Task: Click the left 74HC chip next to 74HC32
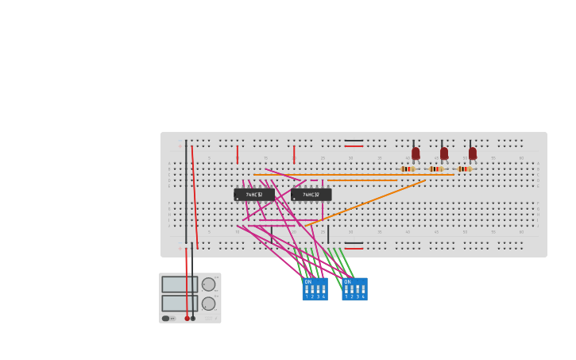pyautogui.click(x=253, y=194)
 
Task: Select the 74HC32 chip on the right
pyautogui.click(x=311, y=194)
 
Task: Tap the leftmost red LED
pyautogui.click(x=416, y=153)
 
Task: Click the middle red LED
pyautogui.click(x=443, y=153)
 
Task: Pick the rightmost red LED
pyautogui.click(x=472, y=153)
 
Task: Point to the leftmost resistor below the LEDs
pyautogui.click(x=408, y=168)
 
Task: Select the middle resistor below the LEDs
pyautogui.click(x=436, y=168)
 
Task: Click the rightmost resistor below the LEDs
pyautogui.click(x=464, y=168)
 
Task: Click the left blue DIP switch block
pyautogui.click(x=315, y=289)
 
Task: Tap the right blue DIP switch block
pyautogui.click(x=354, y=289)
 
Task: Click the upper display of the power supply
pyautogui.click(x=180, y=285)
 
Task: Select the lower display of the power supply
pyautogui.click(x=180, y=303)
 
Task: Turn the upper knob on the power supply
pyautogui.click(x=208, y=285)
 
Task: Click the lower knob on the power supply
pyautogui.click(x=208, y=304)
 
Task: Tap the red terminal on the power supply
pyautogui.click(x=187, y=319)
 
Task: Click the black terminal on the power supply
pyautogui.click(x=193, y=319)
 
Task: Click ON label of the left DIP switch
pyautogui.click(x=308, y=282)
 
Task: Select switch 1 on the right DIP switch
pyautogui.click(x=346, y=290)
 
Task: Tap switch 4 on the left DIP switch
pyautogui.click(x=323, y=290)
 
